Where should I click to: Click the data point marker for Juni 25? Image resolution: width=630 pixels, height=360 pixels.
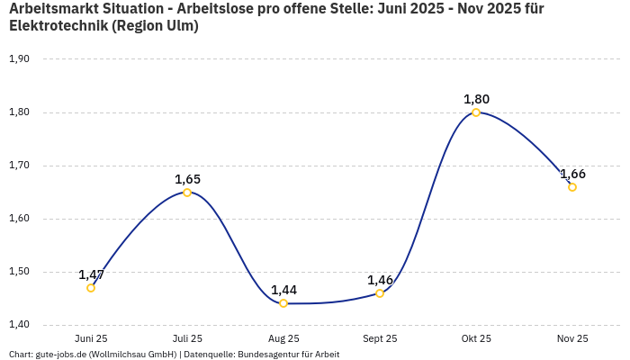(91, 288)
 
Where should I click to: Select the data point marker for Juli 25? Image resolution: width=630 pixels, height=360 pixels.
(187, 193)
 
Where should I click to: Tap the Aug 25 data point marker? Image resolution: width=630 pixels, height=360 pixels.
(283, 303)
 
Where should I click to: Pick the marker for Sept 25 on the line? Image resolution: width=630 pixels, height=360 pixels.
(380, 293)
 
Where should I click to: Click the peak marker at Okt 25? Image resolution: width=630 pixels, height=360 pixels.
(476, 112)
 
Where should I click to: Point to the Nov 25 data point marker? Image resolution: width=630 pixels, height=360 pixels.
(572, 187)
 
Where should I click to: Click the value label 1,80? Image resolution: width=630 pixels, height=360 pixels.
(476, 99)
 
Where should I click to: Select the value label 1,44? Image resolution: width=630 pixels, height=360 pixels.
(283, 290)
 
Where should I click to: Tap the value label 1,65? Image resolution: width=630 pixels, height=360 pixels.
(187, 179)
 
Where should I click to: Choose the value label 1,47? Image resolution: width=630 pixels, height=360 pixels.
(91, 274)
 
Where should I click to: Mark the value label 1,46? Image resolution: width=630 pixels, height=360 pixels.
(380, 280)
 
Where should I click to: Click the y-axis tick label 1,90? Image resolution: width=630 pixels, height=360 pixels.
(19, 59)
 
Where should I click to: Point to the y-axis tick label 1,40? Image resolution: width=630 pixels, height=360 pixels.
(19, 325)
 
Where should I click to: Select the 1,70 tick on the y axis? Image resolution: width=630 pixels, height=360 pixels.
(19, 166)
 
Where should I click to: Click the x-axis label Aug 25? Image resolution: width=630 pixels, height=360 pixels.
(283, 339)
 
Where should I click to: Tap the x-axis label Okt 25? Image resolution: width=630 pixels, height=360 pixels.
(476, 339)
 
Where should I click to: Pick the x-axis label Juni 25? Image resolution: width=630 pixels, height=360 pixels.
(91, 339)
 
